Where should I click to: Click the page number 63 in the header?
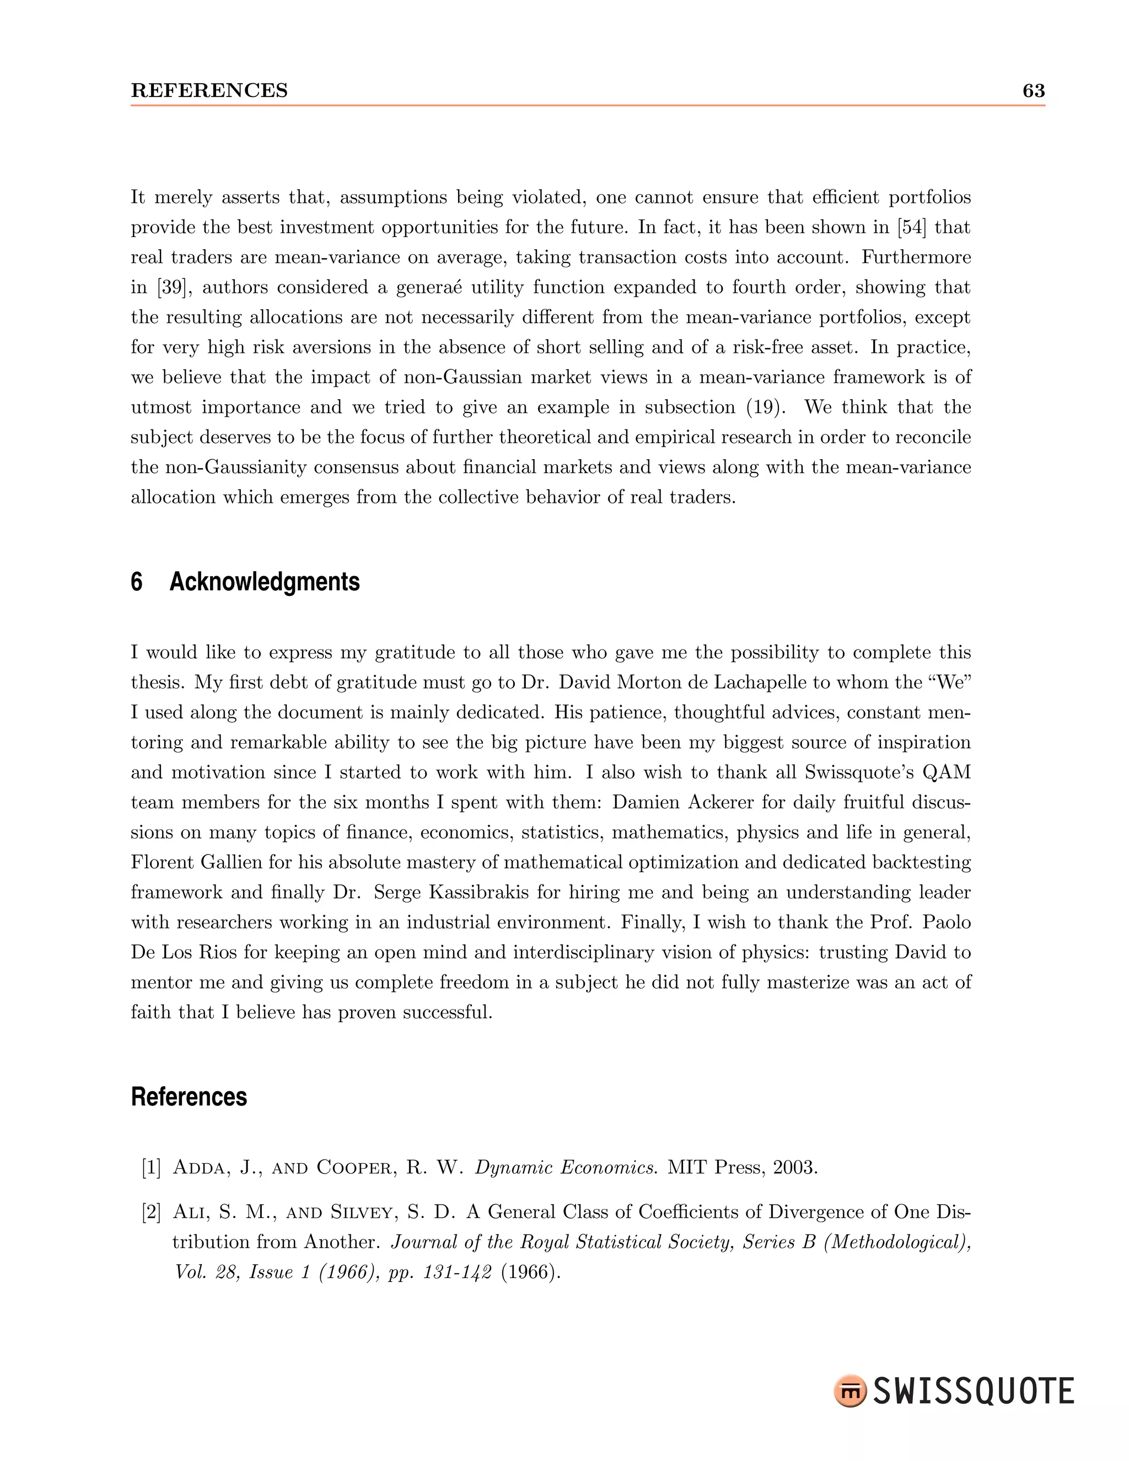pyautogui.click(x=1034, y=90)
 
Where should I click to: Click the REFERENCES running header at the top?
pyautogui.click(x=209, y=90)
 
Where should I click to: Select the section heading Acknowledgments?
pyautogui.click(x=264, y=582)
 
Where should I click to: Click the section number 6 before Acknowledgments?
pyautogui.click(x=137, y=582)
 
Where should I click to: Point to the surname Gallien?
pyautogui.click(x=231, y=862)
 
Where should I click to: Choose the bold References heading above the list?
pyautogui.click(x=189, y=1097)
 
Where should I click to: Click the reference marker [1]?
pyautogui.click(x=151, y=1168)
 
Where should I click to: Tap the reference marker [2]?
pyautogui.click(x=151, y=1212)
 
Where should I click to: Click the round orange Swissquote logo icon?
pyautogui.click(x=850, y=1392)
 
